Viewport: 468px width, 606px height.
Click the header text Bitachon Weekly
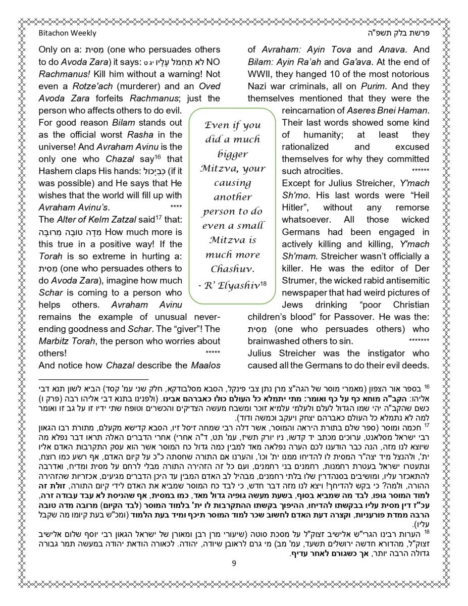pyautogui.click(x=67, y=33)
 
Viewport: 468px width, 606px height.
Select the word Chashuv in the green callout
pyautogui.click(x=232, y=269)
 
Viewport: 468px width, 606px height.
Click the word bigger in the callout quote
pyautogui.click(x=232, y=154)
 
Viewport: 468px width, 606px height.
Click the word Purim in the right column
pyautogui.click(x=375, y=86)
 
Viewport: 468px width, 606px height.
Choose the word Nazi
pyautogui.click(x=257, y=86)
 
